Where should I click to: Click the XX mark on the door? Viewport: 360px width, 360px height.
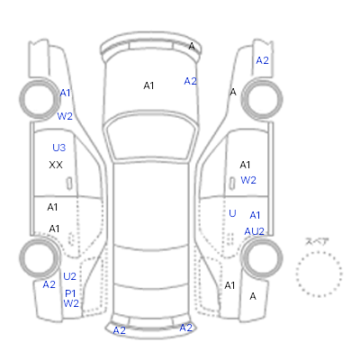tap(56, 165)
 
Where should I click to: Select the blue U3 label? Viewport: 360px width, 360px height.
tap(58, 148)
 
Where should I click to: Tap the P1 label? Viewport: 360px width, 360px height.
tap(70, 293)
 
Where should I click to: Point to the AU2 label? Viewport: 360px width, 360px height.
tap(254, 231)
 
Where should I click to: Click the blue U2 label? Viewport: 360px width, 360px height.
tap(69, 276)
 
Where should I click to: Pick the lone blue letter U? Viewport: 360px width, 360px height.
tap(232, 213)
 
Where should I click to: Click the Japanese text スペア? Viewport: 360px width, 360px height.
tap(317, 241)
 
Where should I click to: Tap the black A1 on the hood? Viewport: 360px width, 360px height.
tap(148, 85)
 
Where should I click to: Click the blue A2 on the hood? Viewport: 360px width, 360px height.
tap(191, 81)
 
